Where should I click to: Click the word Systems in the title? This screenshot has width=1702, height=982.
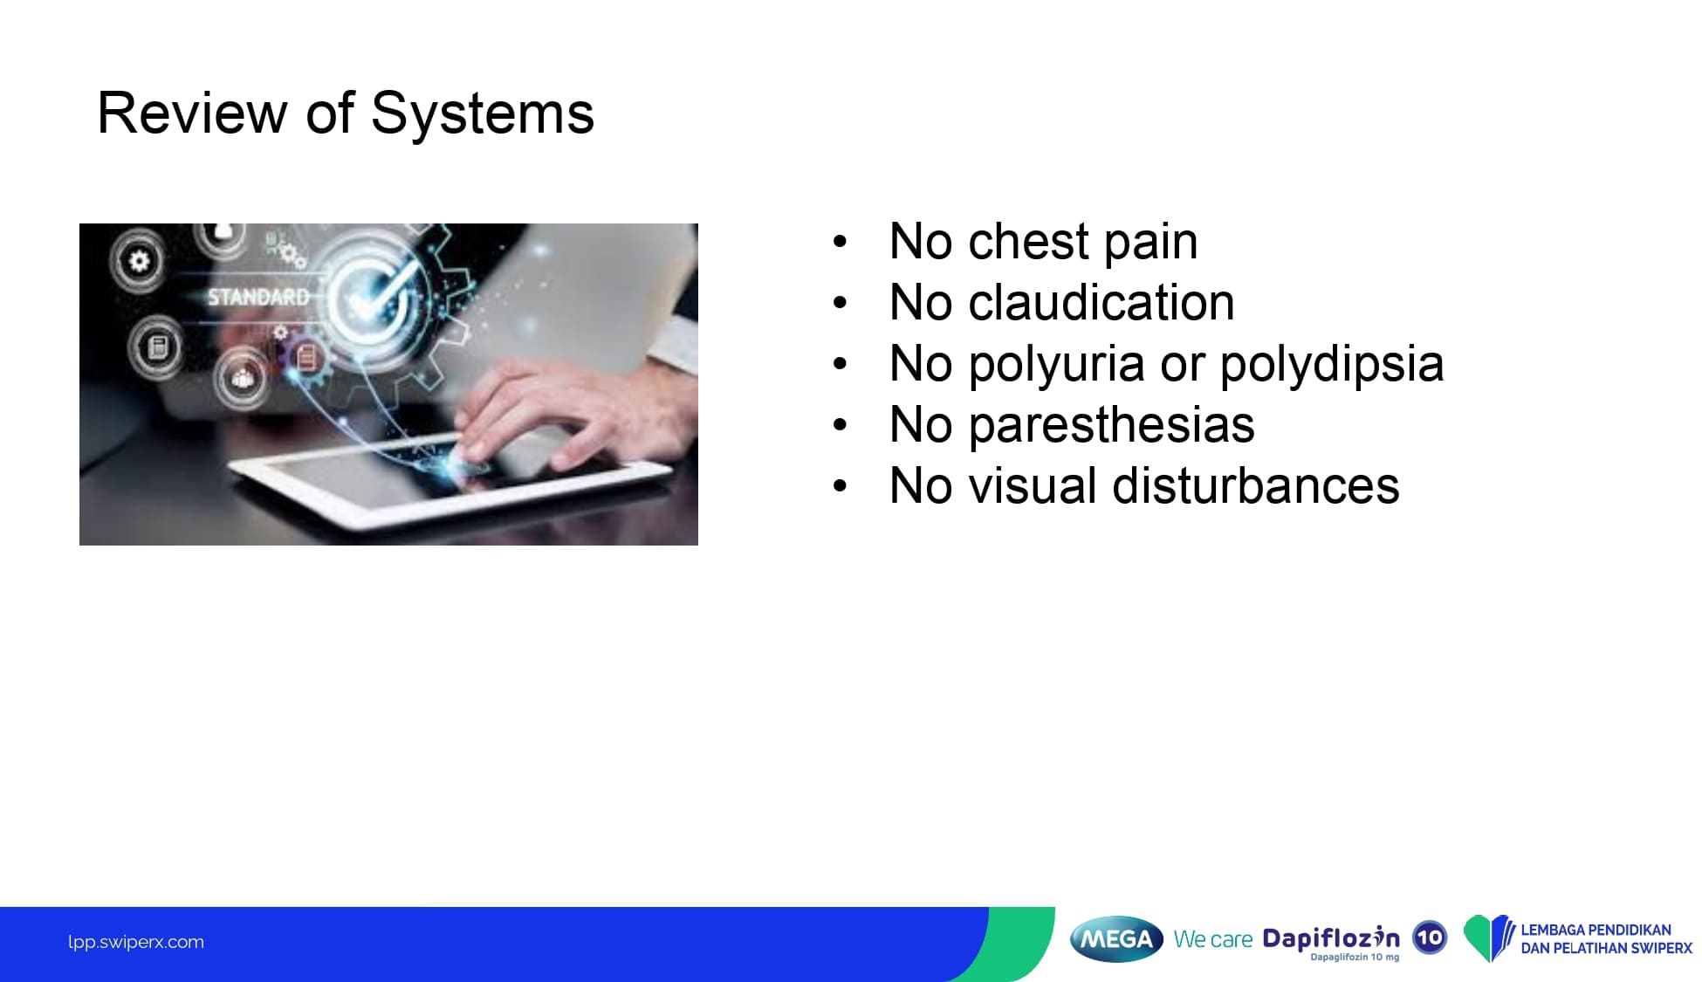pos(482,114)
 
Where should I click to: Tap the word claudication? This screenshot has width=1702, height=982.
pos(1101,303)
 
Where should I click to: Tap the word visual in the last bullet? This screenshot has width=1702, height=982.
pos(1033,485)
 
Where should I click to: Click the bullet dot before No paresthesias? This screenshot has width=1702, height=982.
pos(840,425)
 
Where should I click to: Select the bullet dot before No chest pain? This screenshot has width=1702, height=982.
pos(840,242)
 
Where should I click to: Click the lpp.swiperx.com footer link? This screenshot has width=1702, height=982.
pos(136,942)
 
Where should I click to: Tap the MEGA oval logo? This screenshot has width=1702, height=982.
pos(1116,939)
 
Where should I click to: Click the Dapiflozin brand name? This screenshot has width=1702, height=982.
pos(1331,938)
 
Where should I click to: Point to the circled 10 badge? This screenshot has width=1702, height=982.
pos(1430,938)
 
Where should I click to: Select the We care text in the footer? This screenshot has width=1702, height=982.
pos(1213,939)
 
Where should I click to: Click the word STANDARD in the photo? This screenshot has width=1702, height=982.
pos(258,298)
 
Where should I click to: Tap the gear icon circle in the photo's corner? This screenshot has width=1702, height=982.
pos(139,260)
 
